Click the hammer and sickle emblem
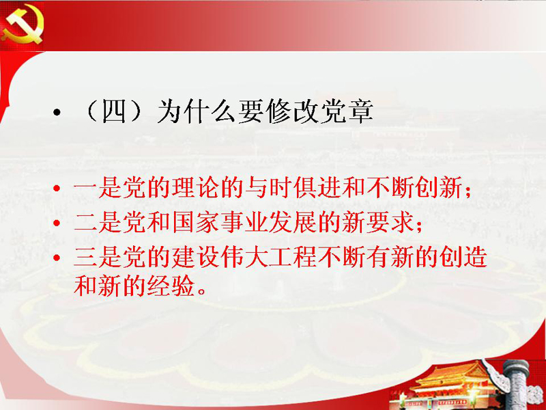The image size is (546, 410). point(23,25)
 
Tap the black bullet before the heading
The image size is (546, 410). point(57,112)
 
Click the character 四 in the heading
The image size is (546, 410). point(114,111)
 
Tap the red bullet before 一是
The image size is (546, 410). point(57,189)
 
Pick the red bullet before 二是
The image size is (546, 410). point(57,223)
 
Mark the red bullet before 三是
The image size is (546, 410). point(57,258)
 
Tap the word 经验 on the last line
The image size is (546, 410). point(171,286)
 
